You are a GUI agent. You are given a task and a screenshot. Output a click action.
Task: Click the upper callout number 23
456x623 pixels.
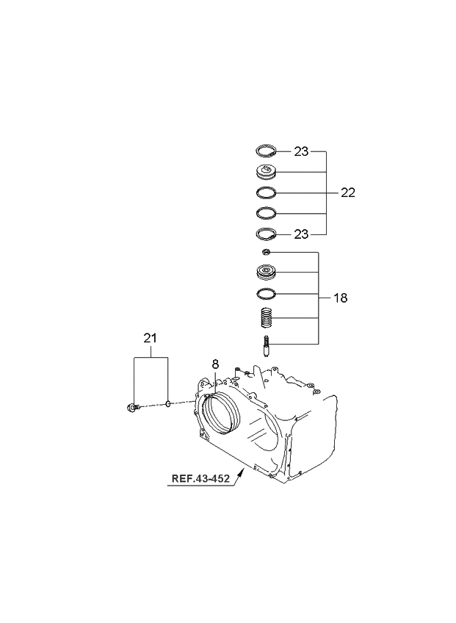301,151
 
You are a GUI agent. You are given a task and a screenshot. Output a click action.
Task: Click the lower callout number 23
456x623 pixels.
301,234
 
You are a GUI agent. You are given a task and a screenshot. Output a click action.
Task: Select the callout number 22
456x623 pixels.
348,192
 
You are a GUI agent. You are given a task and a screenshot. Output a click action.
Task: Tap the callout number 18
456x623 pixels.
341,298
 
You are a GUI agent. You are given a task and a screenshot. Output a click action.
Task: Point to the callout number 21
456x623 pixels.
150,338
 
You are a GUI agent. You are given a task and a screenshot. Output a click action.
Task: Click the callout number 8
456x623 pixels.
215,364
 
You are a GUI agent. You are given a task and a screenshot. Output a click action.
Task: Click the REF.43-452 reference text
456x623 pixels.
200,478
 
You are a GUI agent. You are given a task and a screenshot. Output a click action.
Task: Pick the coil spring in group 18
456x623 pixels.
267,318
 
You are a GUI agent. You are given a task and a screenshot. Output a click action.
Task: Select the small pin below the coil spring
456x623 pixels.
266,346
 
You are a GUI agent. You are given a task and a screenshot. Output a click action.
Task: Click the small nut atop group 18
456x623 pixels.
266,252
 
